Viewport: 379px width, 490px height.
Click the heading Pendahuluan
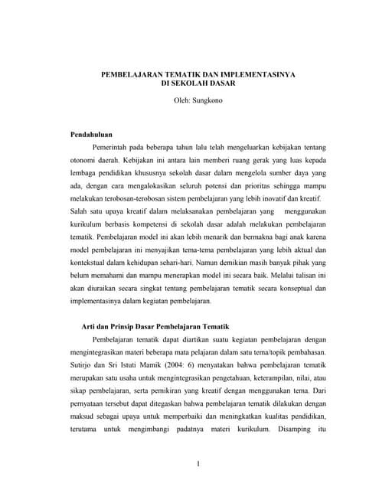click(x=92, y=134)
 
